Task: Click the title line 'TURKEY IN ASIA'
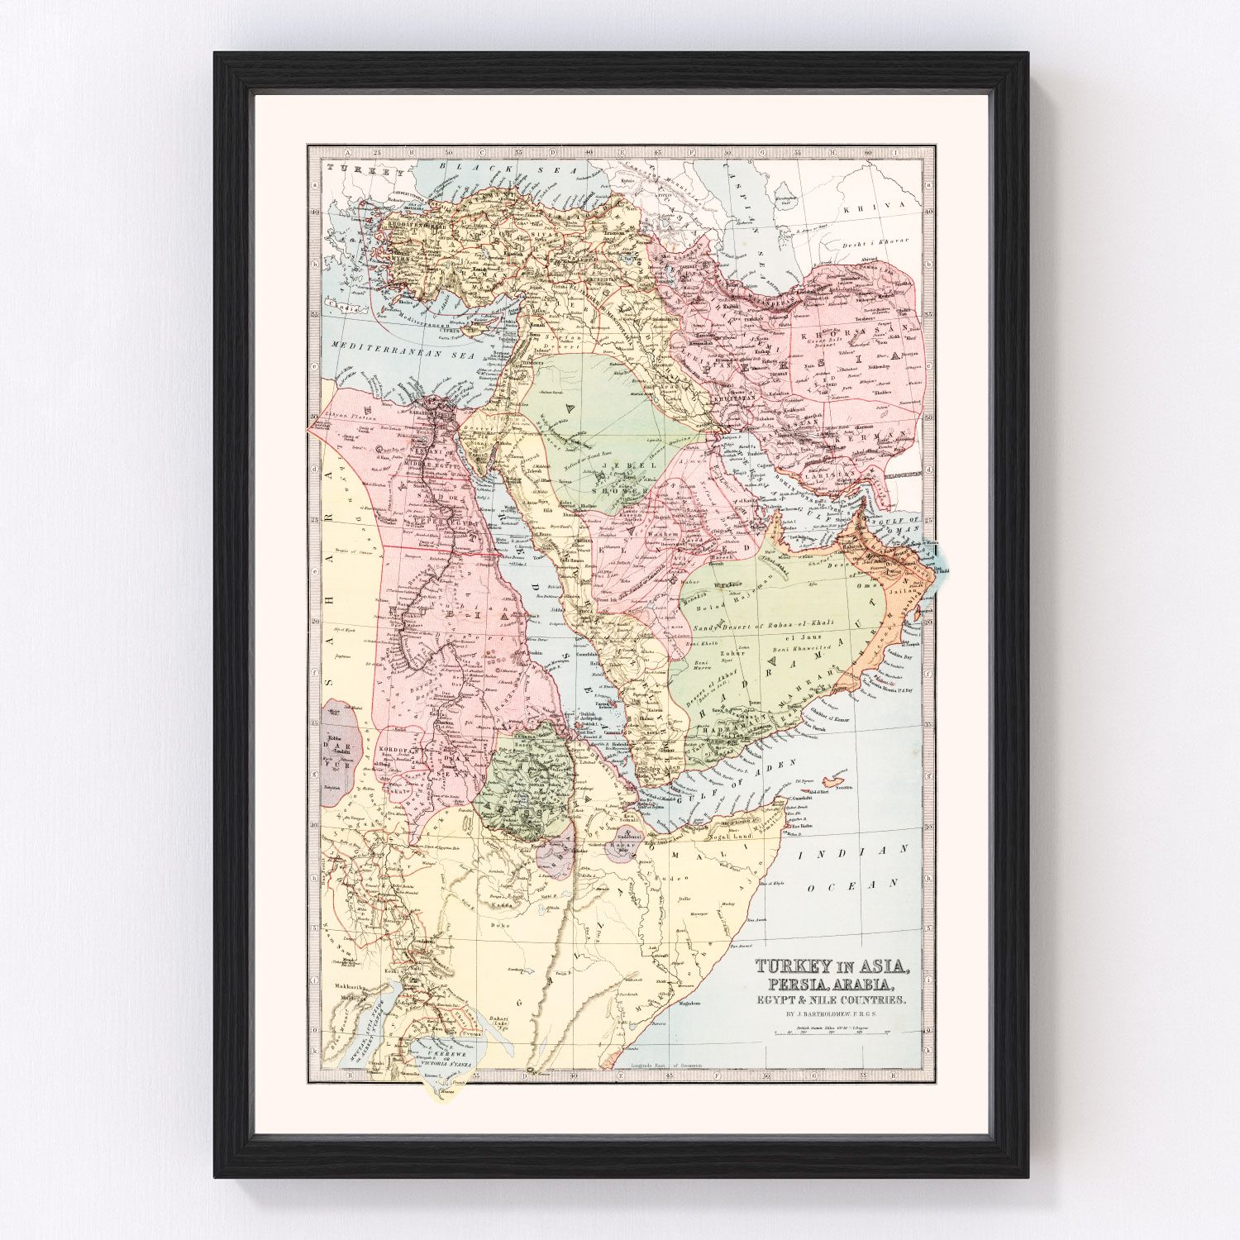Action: pyautogui.click(x=832, y=966)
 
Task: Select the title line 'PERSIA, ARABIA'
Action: pyautogui.click(x=832, y=984)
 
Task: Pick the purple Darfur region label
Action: pyautogui.click(x=340, y=745)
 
